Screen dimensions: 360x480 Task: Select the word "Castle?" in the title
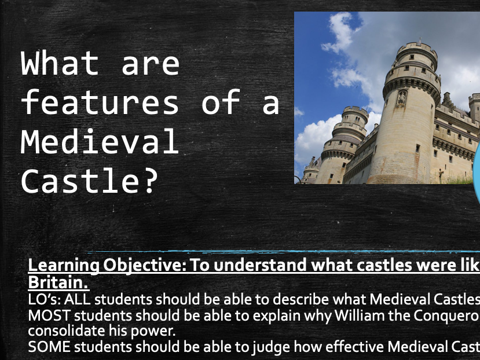[x=90, y=182]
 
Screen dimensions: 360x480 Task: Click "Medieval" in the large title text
[x=100, y=142]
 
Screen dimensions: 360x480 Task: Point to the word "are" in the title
[x=151, y=64]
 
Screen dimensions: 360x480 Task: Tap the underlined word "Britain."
[x=58, y=283]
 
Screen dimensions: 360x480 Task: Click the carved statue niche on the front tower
[x=401, y=97]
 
